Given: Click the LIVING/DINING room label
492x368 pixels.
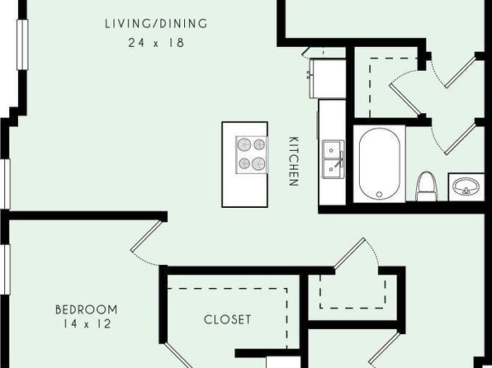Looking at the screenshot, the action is [x=156, y=24].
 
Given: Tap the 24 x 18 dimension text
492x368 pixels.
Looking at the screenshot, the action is [x=156, y=43].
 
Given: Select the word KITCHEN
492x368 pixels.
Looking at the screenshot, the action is [x=293, y=161].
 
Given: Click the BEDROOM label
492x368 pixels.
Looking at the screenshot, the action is [x=87, y=309].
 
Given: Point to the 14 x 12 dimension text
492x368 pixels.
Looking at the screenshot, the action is [x=87, y=323].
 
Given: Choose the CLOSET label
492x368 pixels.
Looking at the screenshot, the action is [x=227, y=319].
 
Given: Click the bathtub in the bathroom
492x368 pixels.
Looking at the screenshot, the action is [x=380, y=163].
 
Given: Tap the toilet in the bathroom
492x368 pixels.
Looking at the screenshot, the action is [x=426, y=186].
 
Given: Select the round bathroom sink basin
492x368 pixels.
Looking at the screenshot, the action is [x=466, y=186].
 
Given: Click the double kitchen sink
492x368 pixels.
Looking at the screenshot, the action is [x=334, y=159].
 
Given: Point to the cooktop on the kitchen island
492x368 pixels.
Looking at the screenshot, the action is [x=251, y=155].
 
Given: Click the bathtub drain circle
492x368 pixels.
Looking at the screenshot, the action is [x=379, y=195].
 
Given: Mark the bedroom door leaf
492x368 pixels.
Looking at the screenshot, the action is [x=147, y=236].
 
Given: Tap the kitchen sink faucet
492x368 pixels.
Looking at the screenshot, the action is [x=340, y=159].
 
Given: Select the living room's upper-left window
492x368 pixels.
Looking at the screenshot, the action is [x=22, y=45].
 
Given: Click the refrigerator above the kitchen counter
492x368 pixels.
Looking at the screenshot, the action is [x=328, y=78].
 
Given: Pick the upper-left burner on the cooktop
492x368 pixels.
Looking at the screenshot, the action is [x=244, y=144].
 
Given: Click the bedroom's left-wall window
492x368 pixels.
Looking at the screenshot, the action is [x=5, y=270].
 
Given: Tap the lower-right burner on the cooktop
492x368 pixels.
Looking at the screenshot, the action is [x=259, y=163].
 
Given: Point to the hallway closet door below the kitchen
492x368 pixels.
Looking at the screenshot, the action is [x=349, y=254].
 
